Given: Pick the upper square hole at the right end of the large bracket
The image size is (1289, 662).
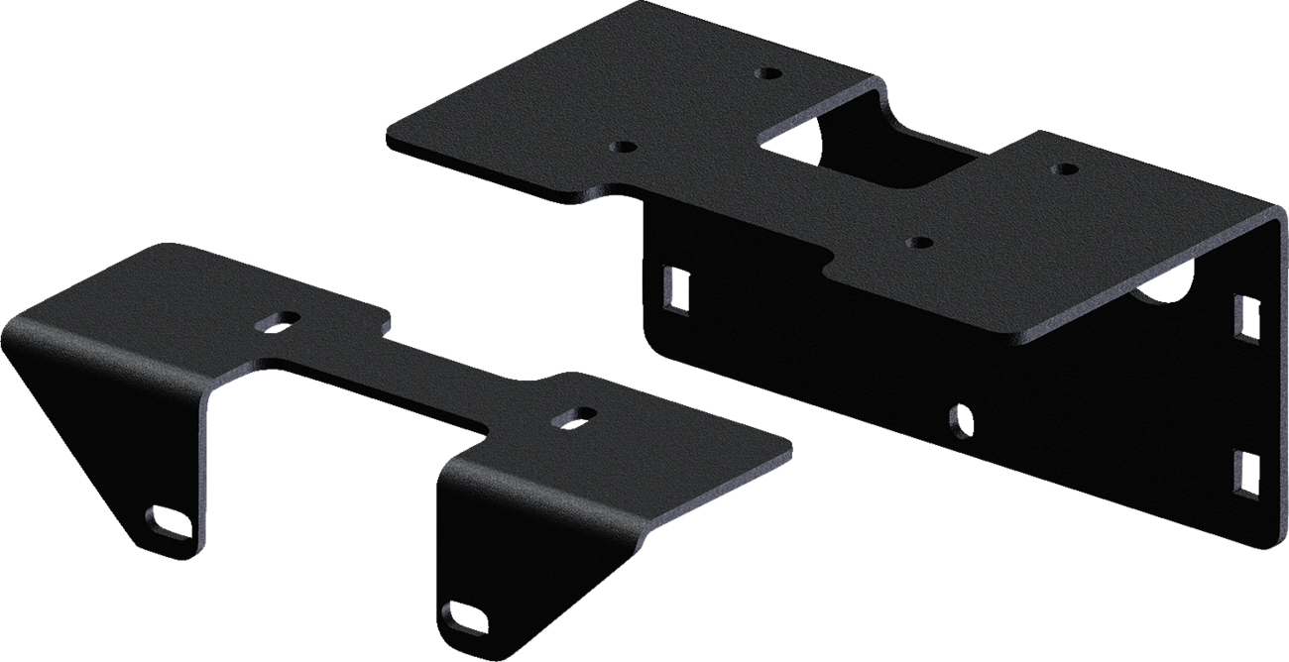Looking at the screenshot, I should click(x=1247, y=314).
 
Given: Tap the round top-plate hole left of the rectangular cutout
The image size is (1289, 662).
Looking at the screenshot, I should click(x=624, y=147).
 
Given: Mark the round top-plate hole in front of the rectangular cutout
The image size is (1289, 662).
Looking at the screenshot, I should click(x=919, y=241).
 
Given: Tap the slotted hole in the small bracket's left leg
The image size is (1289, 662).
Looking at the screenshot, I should click(x=167, y=518).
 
